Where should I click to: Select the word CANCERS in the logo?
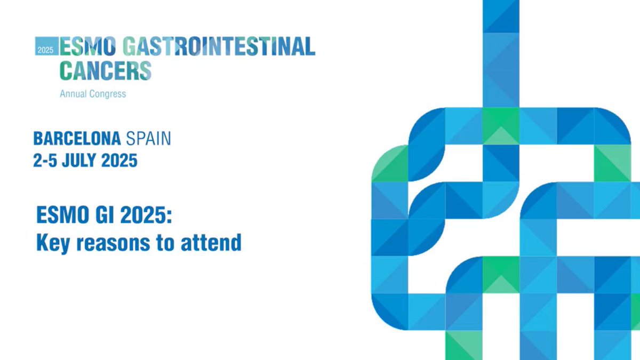[x=105, y=70]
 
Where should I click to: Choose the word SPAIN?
[x=148, y=139]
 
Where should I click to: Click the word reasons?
[x=116, y=244]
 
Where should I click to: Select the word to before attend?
[x=171, y=243]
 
